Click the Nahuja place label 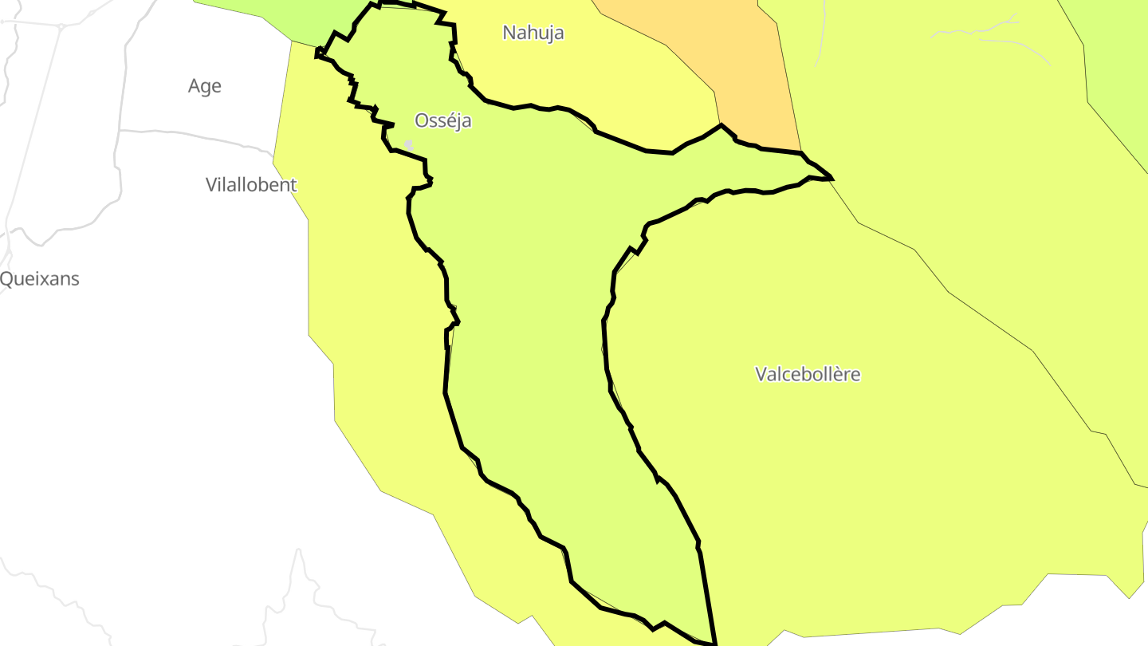click(533, 33)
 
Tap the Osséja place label click(443, 120)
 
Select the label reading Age click(205, 86)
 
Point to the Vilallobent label click(251, 185)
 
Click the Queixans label click(40, 279)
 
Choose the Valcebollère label click(808, 374)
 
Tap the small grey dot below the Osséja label click(409, 144)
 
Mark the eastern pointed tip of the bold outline click(832, 178)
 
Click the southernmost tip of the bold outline click(715, 643)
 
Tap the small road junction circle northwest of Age click(61, 26)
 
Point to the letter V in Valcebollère click(761, 374)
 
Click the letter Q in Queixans click(6, 279)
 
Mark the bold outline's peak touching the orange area click(721, 124)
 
